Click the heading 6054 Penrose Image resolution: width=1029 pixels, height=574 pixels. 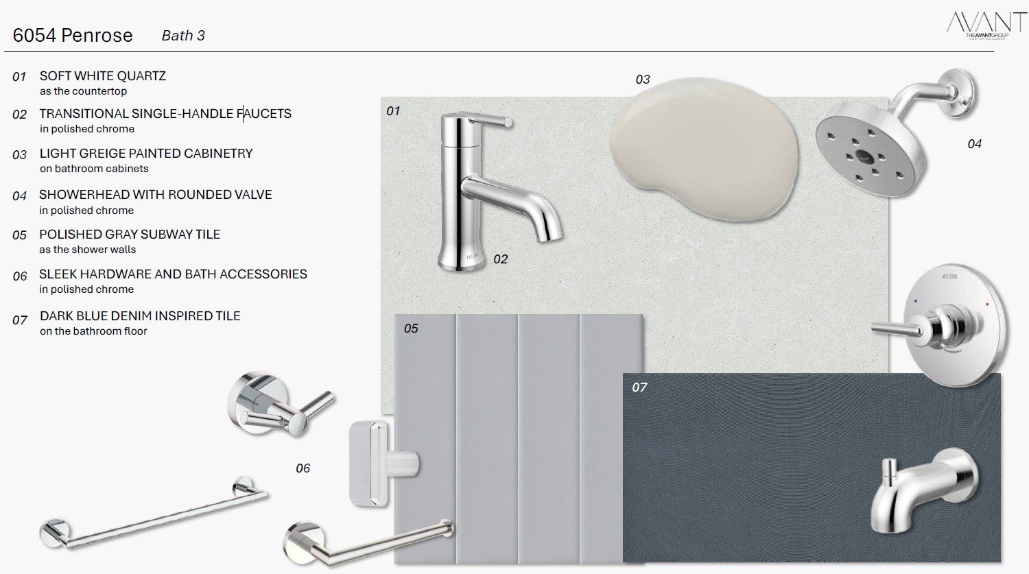pyautogui.click(x=73, y=36)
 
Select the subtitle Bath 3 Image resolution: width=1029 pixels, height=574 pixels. pyautogui.click(x=183, y=36)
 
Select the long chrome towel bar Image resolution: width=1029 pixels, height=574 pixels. pyautogui.click(x=153, y=513)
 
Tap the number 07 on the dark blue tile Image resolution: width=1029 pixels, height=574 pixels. pyautogui.click(x=639, y=387)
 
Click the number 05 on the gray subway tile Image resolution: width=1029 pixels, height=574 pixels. pyautogui.click(x=411, y=328)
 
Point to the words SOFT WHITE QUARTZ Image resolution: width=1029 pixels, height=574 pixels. pyautogui.click(x=102, y=75)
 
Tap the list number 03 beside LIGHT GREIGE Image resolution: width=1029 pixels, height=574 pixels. pyautogui.click(x=20, y=155)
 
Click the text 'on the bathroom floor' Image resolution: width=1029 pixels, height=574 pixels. pyautogui.click(x=93, y=331)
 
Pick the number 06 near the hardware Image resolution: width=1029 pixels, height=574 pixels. pyautogui.click(x=303, y=468)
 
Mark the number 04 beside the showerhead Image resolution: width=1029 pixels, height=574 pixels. pyautogui.click(x=974, y=144)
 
